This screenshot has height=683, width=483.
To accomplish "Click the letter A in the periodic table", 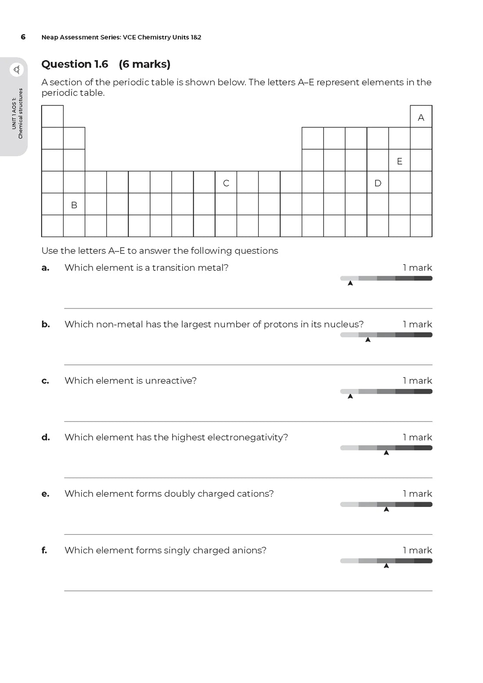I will (x=421, y=117).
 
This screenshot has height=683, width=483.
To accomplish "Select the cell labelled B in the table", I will (x=74, y=205).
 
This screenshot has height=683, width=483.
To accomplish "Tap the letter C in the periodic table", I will (x=226, y=183).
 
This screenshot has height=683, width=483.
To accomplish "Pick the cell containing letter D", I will (x=378, y=183).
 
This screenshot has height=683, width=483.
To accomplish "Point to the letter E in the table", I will (x=399, y=161).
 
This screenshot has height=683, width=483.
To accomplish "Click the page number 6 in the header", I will (x=23, y=37).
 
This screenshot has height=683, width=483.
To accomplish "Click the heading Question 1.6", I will (x=75, y=64).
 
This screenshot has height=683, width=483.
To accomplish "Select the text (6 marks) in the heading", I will (x=144, y=64).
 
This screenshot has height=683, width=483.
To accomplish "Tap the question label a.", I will (x=45, y=268).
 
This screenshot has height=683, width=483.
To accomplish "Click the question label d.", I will (x=45, y=437).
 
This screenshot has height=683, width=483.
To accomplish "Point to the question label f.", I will (x=44, y=550).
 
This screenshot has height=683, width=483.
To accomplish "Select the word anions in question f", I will (x=251, y=550).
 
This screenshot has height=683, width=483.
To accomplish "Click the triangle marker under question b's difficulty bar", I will (x=368, y=340).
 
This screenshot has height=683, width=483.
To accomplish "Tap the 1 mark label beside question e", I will (x=417, y=494).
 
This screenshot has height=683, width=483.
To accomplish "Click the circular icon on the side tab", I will (x=17, y=70).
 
